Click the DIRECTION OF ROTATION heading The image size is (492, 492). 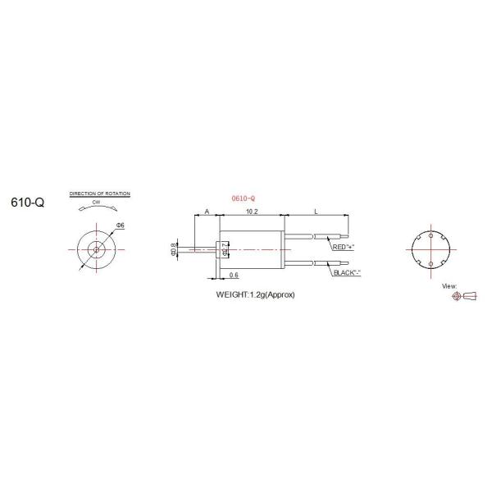click(100, 194)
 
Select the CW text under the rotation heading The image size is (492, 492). click(98, 203)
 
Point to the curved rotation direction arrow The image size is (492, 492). click(98, 211)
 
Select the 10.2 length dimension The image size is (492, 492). click(252, 211)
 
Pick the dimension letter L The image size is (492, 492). click(317, 211)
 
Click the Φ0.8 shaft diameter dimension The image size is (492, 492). click(174, 248)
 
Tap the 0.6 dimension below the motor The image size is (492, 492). click(234, 275)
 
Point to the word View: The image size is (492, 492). click(449, 286)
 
